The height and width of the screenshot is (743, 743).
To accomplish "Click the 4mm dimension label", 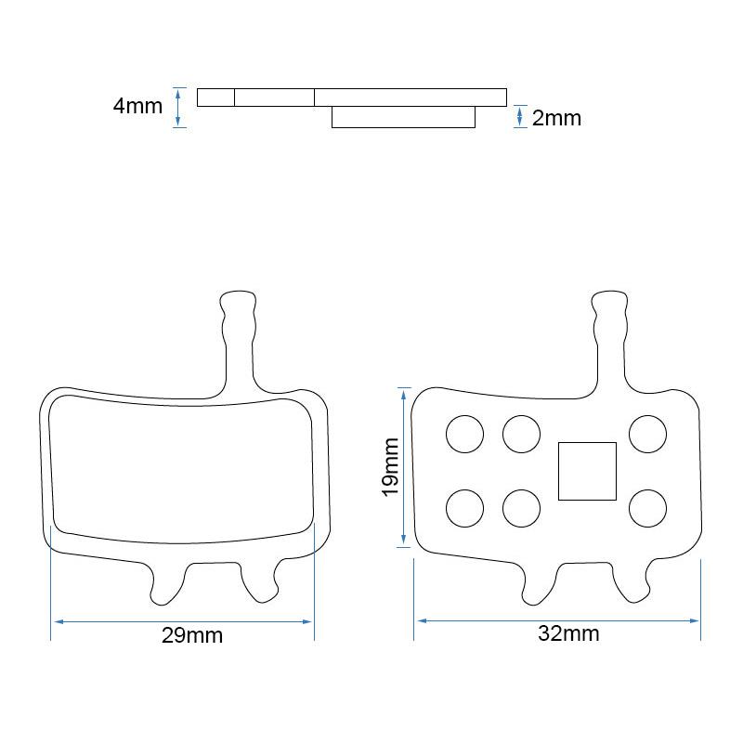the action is pos(137,106).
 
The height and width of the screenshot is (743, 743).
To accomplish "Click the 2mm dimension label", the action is pos(556,118).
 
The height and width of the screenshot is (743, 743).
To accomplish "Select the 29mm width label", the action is pos(192,635).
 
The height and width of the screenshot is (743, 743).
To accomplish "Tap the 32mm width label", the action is pos(568,633).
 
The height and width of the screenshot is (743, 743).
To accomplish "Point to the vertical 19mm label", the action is pos(390,467).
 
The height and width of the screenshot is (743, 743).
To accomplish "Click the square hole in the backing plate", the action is pos(587,471).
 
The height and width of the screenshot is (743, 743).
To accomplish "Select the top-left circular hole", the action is pos(465,434).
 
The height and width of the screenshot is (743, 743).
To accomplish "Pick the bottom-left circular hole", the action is pos(465,508).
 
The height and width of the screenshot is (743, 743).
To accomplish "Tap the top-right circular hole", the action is pos(647,434).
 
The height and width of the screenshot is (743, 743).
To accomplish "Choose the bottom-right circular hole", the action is pos(647,508).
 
